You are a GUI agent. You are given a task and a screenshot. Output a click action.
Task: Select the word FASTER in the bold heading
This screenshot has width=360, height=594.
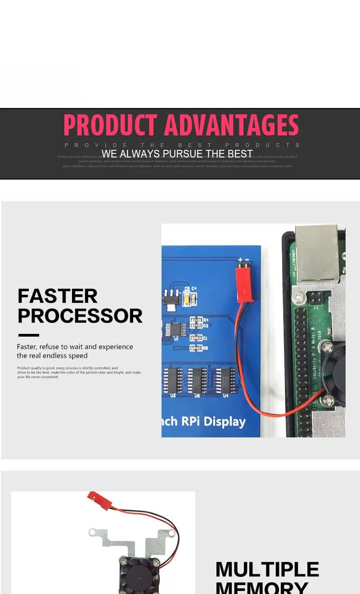[x=57, y=296]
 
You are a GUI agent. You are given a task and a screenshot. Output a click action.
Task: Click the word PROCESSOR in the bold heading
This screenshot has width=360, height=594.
[x=80, y=316]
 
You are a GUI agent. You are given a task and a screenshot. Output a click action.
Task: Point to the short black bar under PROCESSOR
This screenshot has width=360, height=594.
[x=29, y=335]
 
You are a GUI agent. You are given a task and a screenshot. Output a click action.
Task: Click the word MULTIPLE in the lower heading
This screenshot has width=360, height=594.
[x=267, y=570]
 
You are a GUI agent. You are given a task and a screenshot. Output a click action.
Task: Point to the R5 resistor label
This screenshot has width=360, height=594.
[x=205, y=348]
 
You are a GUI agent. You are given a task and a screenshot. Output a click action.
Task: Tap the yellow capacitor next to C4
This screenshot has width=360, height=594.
[x=187, y=297]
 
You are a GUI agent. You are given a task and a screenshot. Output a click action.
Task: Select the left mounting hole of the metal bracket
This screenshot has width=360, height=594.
[x=93, y=532]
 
